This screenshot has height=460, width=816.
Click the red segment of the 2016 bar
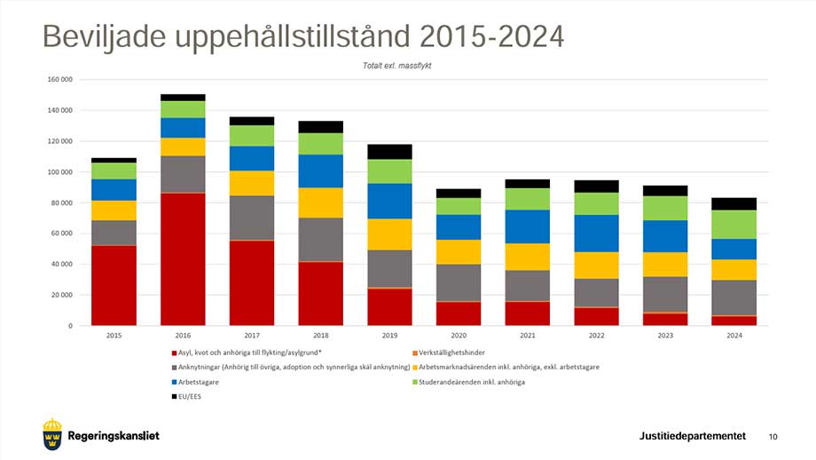[183, 258]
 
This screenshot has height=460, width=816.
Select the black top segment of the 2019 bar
[389, 151]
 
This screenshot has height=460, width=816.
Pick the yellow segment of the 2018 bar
[320, 202]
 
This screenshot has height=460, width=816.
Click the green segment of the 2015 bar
[114, 171]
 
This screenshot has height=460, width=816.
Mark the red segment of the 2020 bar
[458, 313]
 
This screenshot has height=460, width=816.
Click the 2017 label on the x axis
[252, 336]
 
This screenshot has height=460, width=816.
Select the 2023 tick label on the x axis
[664, 336]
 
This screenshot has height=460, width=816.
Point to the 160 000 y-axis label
[59, 80]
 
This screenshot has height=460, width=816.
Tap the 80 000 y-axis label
[62, 202]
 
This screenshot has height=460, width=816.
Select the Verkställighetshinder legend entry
[452, 353]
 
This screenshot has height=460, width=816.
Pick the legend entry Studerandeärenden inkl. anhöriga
[484, 382]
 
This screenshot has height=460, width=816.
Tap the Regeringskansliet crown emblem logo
[52, 433]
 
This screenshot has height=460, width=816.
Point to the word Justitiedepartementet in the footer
[692, 435]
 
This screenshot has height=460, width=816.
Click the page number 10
[773, 436]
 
